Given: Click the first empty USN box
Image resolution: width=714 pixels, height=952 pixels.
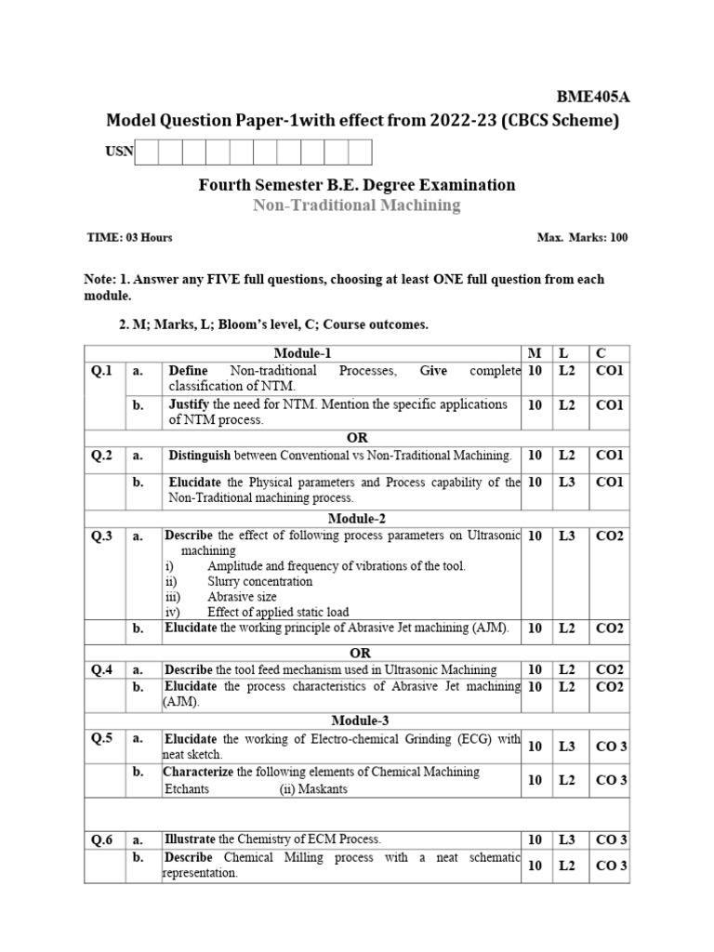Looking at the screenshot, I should (x=147, y=152).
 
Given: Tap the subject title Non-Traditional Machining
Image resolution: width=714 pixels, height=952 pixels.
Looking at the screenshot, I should (x=356, y=205).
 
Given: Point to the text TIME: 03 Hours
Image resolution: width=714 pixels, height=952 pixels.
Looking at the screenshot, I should (x=129, y=238).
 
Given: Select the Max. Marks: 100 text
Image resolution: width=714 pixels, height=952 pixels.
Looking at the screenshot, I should (x=582, y=238).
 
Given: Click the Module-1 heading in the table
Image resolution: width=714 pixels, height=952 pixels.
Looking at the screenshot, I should (x=302, y=353).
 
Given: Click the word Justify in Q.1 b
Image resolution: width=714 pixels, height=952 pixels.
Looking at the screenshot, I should (x=190, y=404).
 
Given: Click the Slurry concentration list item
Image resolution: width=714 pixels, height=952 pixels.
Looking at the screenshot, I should (x=259, y=581).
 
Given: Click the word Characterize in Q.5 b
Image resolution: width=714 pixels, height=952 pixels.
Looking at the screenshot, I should (x=199, y=772).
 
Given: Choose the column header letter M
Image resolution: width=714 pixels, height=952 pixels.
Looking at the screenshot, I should (x=534, y=353).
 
